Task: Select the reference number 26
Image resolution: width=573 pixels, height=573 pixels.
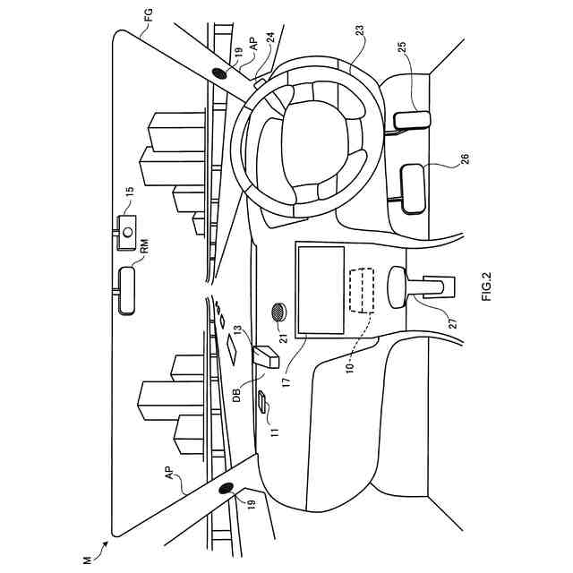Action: click(x=466, y=160)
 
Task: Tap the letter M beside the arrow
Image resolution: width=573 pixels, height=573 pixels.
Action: click(x=86, y=560)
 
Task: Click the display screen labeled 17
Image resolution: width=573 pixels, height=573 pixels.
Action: click(x=319, y=288)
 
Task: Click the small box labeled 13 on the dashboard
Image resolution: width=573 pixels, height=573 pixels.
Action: click(x=267, y=355)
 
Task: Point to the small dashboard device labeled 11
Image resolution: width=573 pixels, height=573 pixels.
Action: click(x=263, y=402)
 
